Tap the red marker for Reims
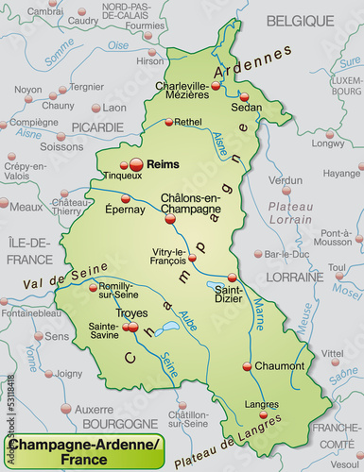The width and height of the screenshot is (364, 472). [x=136, y=165]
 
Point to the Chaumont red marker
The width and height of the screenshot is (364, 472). [x=247, y=366]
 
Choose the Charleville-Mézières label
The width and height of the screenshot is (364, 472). [x=182, y=90]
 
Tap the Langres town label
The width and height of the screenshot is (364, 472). [x=262, y=404]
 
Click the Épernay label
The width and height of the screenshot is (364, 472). [x=125, y=209]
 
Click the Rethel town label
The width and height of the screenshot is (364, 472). [x=188, y=121]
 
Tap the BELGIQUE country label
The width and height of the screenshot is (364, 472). [x=299, y=20]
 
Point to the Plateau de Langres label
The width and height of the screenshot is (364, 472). [x=240, y=433]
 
